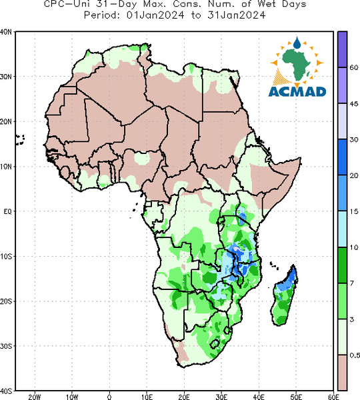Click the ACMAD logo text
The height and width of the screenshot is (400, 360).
(297, 92)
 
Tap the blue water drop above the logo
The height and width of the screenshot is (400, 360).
(297, 43)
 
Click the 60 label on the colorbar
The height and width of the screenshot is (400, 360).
(354, 67)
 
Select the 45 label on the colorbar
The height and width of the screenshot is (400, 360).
(354, 104)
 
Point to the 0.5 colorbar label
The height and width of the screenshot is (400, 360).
(355, 355)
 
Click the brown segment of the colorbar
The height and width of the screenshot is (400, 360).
(343, 372)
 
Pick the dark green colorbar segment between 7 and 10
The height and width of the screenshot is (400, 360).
(343, 265)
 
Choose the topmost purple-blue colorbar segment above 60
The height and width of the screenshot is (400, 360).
(343, 49)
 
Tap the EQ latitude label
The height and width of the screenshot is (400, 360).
(7, 211)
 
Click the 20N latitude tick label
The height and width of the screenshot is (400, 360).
(6, 122)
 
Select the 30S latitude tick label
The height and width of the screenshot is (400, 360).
(6, 346)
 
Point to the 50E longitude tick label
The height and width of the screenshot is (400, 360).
(296, 397)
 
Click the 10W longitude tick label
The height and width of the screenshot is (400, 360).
(72, 397)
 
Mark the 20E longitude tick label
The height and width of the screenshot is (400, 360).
(184, 397)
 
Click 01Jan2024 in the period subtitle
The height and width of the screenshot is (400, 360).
(155, 15)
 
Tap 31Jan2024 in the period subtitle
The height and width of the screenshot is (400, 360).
(236, 15)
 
